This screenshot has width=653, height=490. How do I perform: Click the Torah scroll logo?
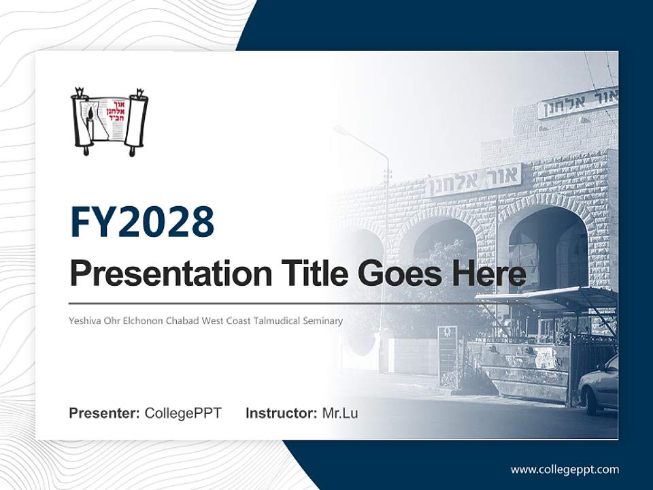click(110, 122)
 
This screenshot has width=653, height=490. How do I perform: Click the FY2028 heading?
click(142, 222)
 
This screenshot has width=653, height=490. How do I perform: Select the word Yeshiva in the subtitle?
click(84, 320)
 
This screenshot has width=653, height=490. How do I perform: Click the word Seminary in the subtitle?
click(323, 320)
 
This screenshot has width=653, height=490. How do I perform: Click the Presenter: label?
click(105, 413)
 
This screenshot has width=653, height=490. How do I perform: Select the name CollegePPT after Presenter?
click(183, 413)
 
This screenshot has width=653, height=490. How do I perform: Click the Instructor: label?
click(281, 413)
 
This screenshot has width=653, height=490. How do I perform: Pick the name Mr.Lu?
click(340, 413)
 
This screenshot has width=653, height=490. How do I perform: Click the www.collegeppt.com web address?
click(565, 470)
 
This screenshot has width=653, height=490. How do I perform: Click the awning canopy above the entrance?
click(544, 297)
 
